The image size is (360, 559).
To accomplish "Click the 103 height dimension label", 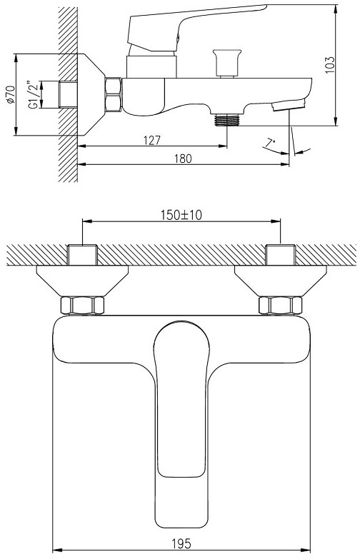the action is pos(331,65).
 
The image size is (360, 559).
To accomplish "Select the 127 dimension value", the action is pos(152,141).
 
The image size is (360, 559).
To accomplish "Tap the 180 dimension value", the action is pos(183,158).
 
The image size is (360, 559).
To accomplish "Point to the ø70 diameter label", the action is pos(10,94).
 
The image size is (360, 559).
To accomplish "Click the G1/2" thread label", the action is pos(33,95).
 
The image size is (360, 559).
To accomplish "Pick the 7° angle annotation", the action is pos(270,143).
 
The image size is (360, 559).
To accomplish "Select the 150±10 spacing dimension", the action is pos(181,215).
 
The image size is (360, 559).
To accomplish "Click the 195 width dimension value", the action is pos(181,544).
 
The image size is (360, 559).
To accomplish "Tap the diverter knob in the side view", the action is pos(226,63).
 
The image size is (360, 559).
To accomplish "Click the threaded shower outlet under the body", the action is pos(227,120).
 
